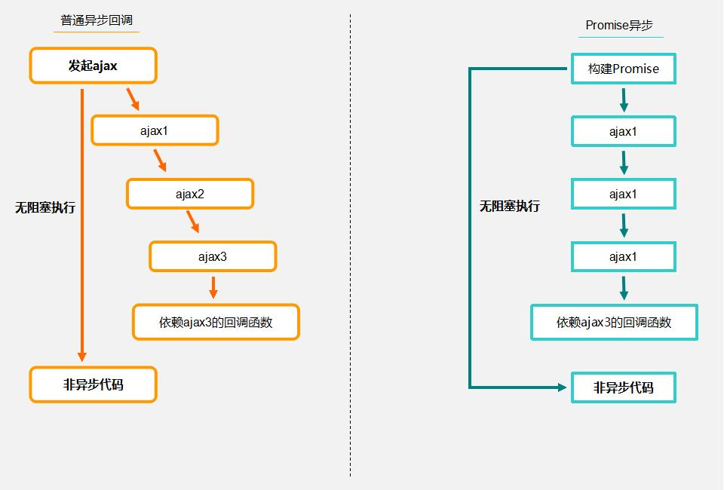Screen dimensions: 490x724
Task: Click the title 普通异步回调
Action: (100, 21)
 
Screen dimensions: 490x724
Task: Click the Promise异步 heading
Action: (618, 25)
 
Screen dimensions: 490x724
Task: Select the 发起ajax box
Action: (93, 66)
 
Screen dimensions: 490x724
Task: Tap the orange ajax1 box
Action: (155, 130)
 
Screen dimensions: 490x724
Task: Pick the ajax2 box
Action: (190, 194)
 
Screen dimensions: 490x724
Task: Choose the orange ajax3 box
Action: (213, 256)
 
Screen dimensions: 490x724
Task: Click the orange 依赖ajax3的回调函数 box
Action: (216, 323)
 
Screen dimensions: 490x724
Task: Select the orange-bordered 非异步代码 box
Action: (93, 385)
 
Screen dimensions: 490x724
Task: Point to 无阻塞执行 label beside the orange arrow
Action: (45, 208)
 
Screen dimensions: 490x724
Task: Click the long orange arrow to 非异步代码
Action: (82, 226)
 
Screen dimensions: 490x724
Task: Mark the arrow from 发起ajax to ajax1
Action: (132, 99)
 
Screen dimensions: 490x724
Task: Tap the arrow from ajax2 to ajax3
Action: (192, 222)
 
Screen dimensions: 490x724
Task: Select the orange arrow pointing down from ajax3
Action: (213, 286)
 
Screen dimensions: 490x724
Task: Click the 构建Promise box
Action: (623, 69)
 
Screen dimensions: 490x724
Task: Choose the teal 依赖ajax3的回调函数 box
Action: (614, 323)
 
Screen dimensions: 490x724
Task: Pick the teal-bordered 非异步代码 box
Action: (623, 388)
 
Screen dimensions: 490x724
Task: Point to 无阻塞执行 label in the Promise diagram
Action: (510, 206)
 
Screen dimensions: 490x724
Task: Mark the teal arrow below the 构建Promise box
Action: (624, 100)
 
